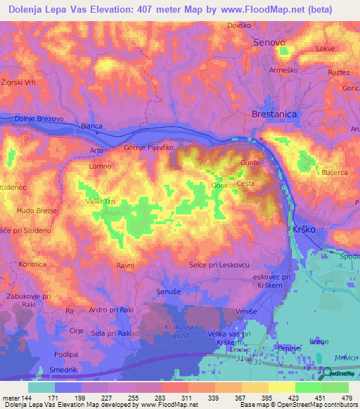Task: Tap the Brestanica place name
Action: (275, 114)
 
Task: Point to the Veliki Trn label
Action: (100, 202)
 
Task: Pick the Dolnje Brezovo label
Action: (39, 119)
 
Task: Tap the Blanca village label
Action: (92, 126)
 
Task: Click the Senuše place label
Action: (169, 291)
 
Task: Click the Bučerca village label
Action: (334, 172)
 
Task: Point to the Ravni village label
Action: (125, 266)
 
